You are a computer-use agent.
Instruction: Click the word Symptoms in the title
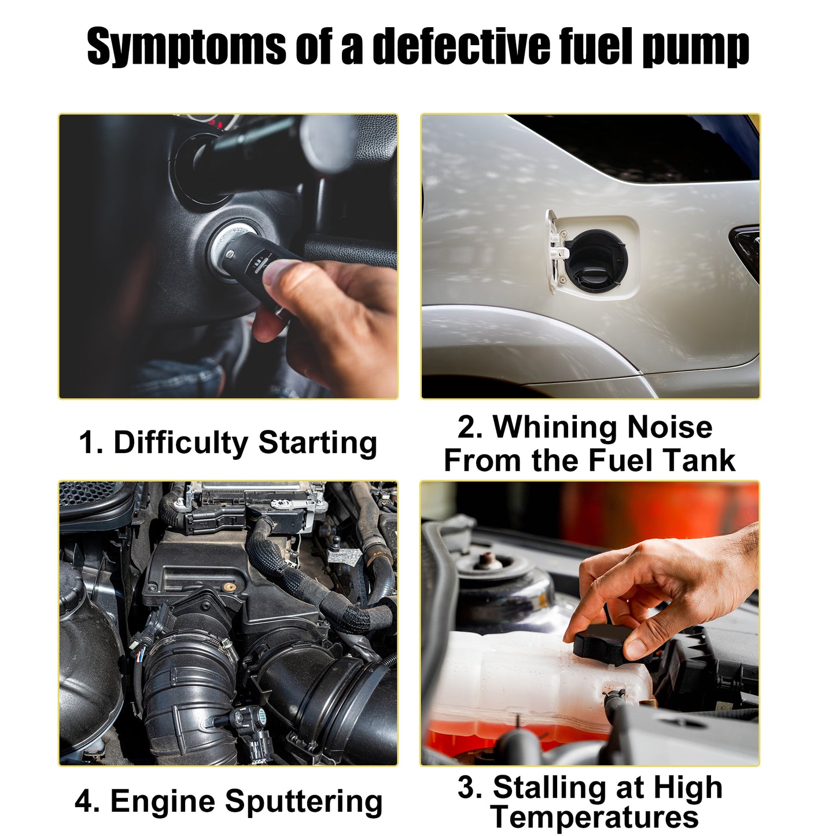[186, 46]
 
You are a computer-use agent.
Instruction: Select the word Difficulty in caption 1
[181, 443]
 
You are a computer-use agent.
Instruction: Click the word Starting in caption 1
[318, 443]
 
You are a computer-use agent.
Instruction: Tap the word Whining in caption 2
[555, 428]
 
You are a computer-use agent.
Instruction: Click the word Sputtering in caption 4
[304, 801]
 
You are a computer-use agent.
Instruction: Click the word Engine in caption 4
[163, 801]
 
